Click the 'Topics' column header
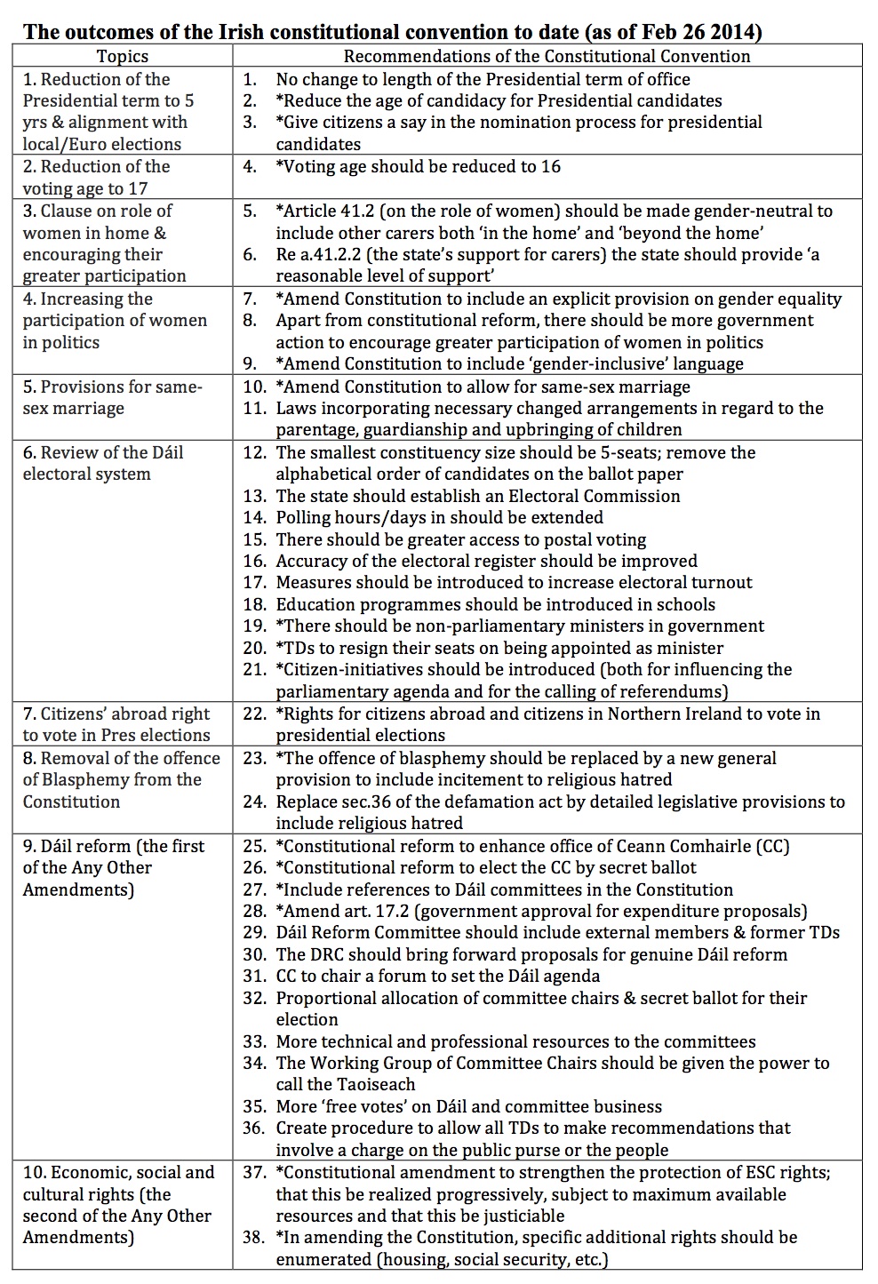(x=123, y=56)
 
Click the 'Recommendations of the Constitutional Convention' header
(x=547, y=56)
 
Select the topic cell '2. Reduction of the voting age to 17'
(x=96, y=177)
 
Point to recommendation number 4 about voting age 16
(x=418, y=166)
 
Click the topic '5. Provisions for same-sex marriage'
(x=112, y=397)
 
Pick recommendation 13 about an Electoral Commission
(x=477, y=496)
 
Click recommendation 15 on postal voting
(x=460, y=539)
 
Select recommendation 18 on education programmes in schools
(x=495, y=604)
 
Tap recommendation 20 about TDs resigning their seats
(x=499, y=648)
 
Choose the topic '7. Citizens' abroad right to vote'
(x=116, y=724)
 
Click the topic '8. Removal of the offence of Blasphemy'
(x=121, y=779)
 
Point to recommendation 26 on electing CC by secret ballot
(x=486, y=867)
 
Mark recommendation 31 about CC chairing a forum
(x=437, y=976)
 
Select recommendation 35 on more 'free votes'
(x=468, y=1106)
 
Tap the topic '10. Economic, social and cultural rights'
(x=118, y=1204)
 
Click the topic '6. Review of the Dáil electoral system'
(x=103, y=463)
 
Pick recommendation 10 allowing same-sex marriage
(x=483, y=387)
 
